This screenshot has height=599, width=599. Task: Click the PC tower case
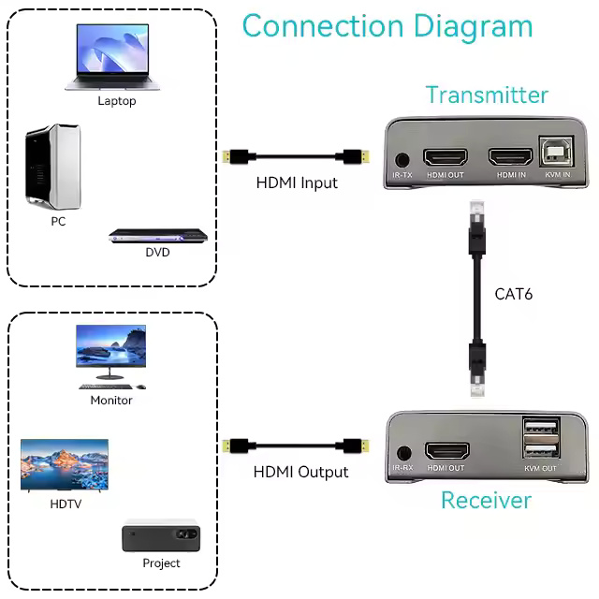click(x=52, y=166)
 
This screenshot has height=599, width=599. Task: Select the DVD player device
click(x=157, y=237)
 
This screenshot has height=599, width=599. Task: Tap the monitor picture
click(x=111, y=354)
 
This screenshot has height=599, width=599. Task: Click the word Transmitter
click(x=487, y=95)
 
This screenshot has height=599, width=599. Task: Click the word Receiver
click(x=486, y=500)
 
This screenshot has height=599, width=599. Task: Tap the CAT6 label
click(x=513, y=294)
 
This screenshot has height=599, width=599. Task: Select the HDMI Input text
click(x=297, y=183)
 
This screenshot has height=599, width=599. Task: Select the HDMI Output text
click(x=300, y=472)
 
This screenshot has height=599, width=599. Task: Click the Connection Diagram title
click(x=387, y=25)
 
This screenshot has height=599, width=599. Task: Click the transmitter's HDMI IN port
click(x=510, y=157)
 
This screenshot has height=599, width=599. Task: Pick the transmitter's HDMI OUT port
click(x=446, y=157)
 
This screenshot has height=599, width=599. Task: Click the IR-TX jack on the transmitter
click(x=403, y=161)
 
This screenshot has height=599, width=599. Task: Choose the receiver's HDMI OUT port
click(x=446, y=453)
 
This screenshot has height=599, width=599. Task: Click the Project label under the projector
click(x=161, y=563)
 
